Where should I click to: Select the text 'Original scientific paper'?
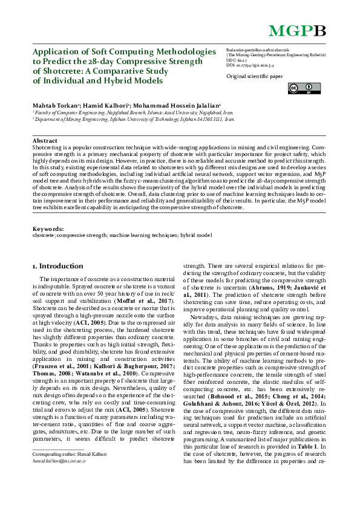254,77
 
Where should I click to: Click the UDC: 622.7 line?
238,61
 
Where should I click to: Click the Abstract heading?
45,140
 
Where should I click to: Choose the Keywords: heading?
48,229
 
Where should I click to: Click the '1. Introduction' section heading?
57,266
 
